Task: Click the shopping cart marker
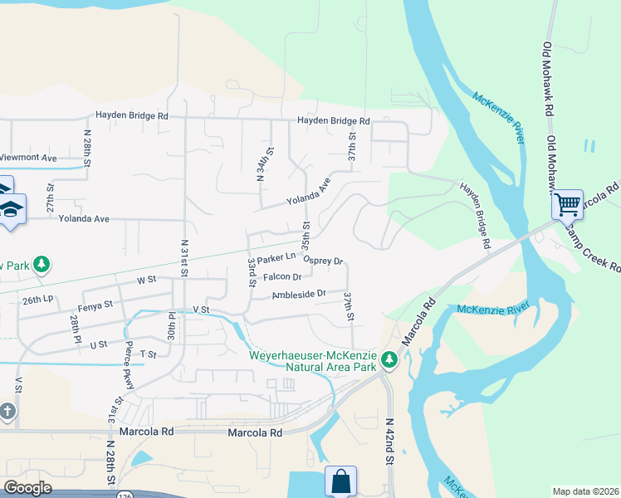[567, 203]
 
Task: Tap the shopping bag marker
[340, 481]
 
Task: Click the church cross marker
[7, 413]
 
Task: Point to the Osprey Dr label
[324, 260]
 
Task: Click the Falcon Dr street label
[282, 277]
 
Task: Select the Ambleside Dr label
[299, 294]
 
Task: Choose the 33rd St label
[252, 273]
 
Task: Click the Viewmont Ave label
[28, 157]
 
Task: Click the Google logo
[27, 488]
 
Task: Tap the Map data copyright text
[585, 491]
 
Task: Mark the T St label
[149, 354]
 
